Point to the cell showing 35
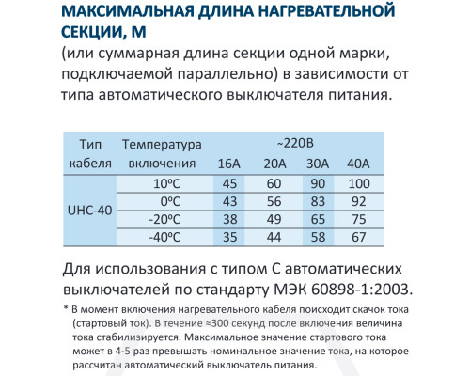[228, 236]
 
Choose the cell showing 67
[359, 236]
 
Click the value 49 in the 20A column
[275, 218]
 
